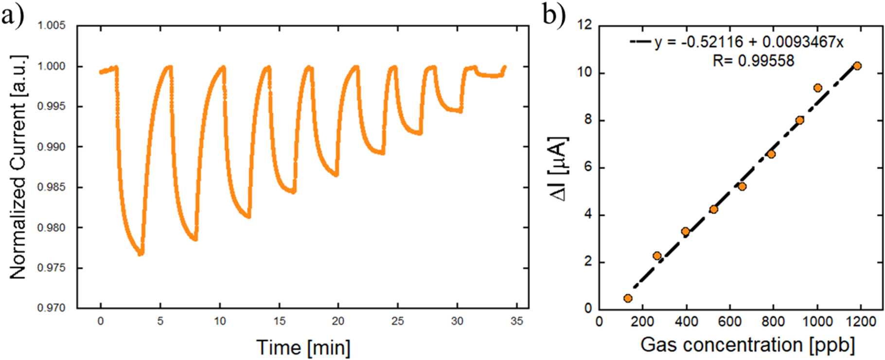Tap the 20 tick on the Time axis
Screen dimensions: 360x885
pos(338,321)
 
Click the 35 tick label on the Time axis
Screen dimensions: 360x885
pos(517,321)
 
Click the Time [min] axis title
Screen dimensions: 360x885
pos(303,347)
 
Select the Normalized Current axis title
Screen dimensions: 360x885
pos(18,167)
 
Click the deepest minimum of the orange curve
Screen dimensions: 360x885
pos(141,253)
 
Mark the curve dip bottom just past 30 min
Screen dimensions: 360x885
pos(460,111)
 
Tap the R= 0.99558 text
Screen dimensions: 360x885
pos(753,61)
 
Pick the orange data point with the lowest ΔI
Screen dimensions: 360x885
pos(628,298)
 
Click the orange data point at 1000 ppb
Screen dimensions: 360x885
pos(817,88)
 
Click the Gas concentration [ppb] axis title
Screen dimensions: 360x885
pos(747,344)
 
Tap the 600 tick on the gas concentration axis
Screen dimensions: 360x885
pos(729,322)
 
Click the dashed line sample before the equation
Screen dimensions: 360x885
pos(640,42)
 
